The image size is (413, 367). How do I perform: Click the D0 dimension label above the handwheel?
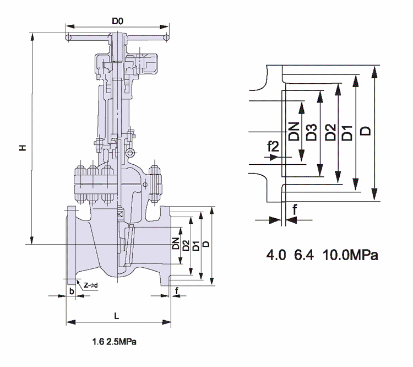point(117,21)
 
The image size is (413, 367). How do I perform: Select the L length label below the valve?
point(116,316)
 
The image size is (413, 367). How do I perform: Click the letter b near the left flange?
point(72,290)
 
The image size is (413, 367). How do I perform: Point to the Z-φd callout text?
point(91,285)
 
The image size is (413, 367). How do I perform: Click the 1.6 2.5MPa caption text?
point(115,342)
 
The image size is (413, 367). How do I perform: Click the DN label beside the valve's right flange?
point(176,243)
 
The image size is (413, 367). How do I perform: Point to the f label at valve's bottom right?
point(177,290)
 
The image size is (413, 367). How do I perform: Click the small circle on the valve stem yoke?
point(129,154)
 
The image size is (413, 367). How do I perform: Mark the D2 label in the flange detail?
point(330,133)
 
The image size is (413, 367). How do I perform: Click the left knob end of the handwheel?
point(68,39)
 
